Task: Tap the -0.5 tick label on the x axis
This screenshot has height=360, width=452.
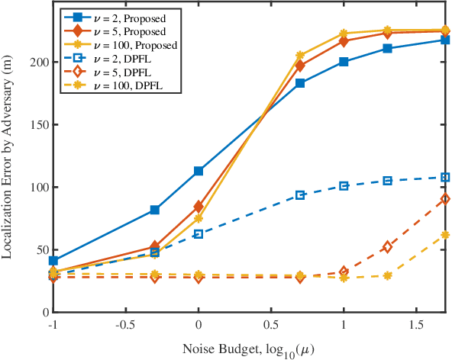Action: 125,323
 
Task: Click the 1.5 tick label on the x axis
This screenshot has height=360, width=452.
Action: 415,323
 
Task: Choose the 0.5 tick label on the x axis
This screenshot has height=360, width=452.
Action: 270,323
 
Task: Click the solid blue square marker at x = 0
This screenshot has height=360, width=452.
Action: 199,171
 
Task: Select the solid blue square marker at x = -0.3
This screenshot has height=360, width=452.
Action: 155,210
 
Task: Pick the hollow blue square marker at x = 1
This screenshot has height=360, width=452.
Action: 344,186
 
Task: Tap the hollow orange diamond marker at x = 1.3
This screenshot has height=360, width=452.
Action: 387,247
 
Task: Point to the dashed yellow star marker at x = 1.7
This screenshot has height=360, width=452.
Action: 445,235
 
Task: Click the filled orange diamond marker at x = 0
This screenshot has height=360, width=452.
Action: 199,206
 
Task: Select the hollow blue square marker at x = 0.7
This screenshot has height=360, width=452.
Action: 300,195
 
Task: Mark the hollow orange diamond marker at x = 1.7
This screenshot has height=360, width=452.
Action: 445,199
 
